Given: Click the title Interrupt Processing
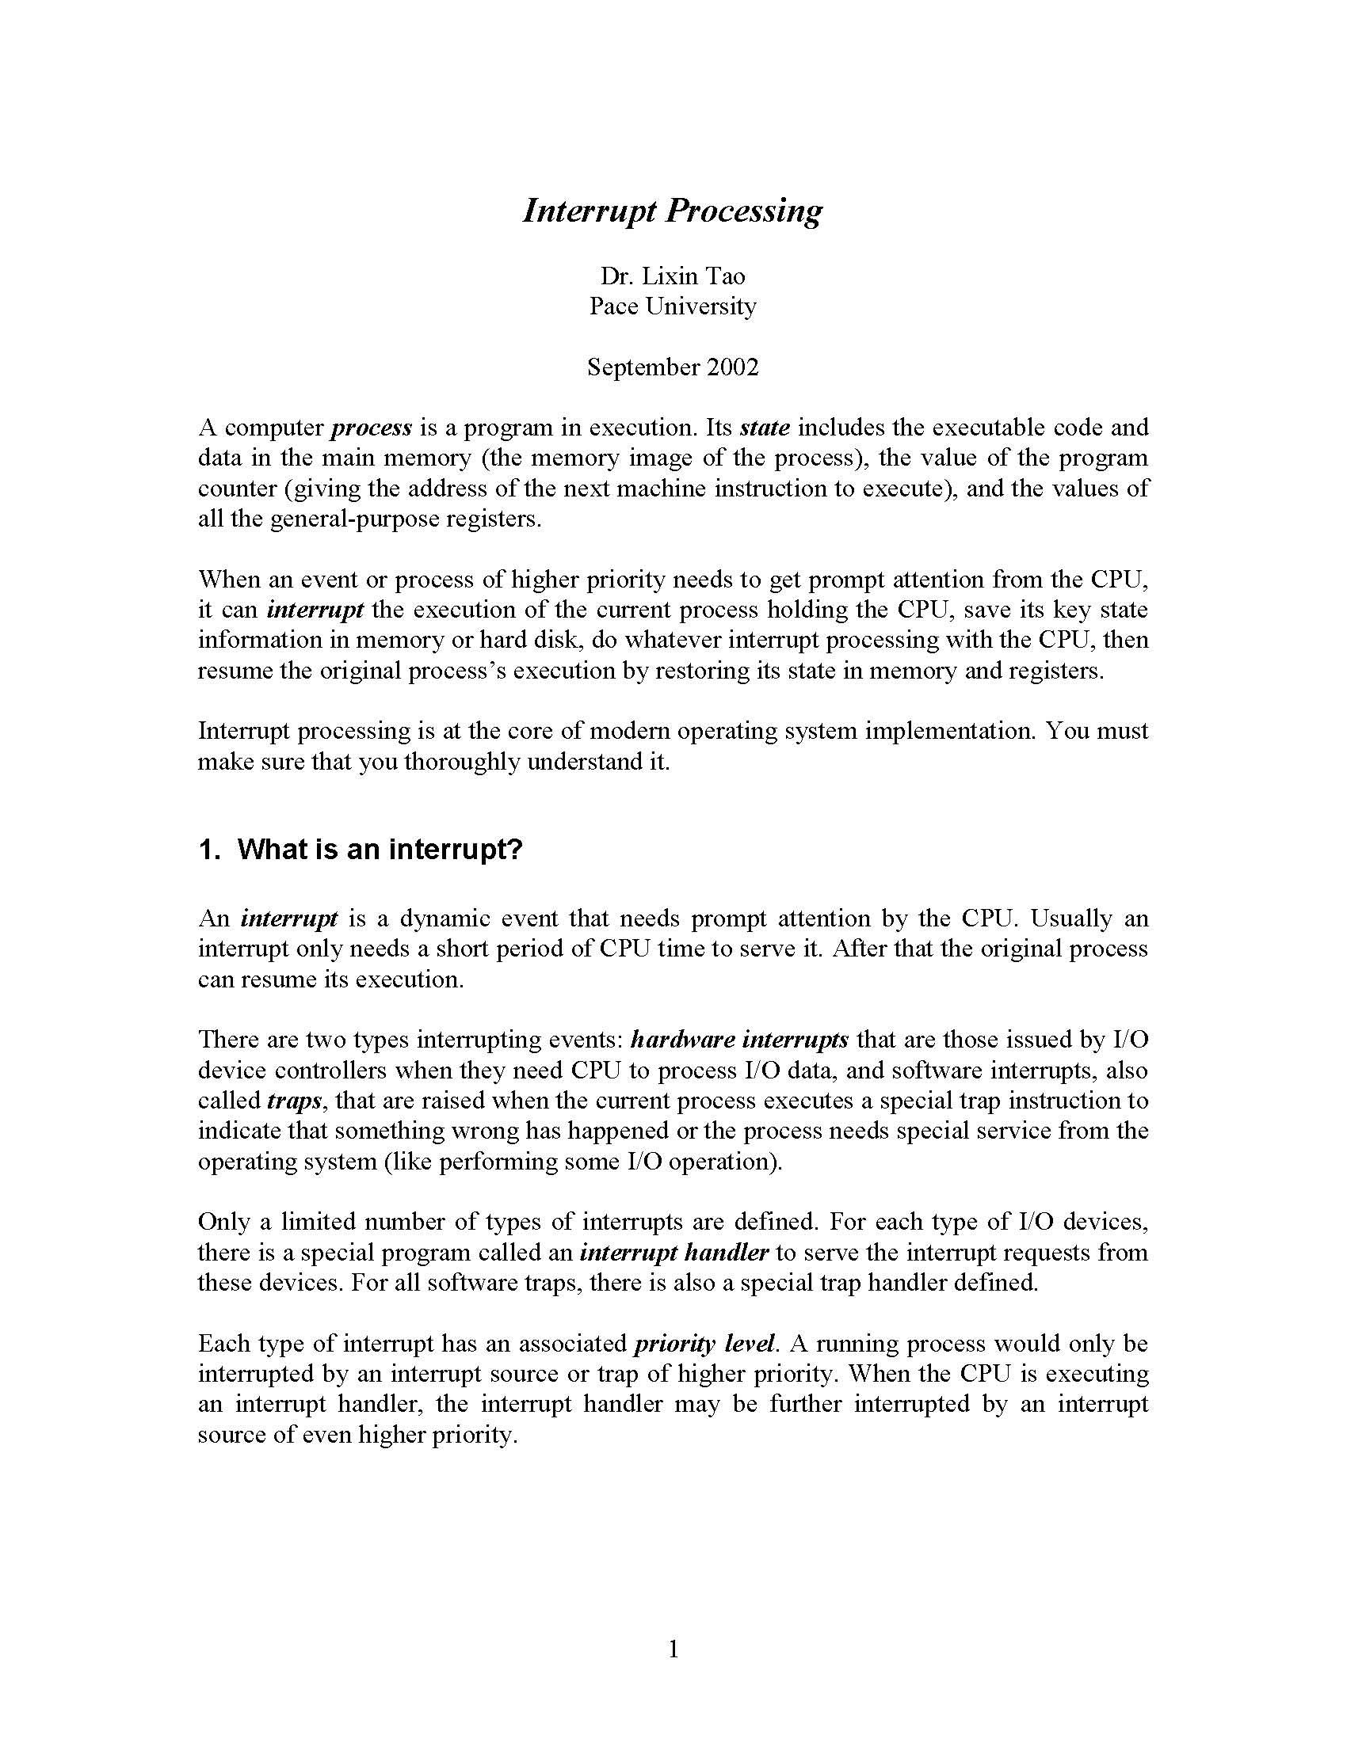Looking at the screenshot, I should [x=672, y=211].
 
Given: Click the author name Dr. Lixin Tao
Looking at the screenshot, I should [x=672, y=276].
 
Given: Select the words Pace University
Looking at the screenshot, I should [x=672, y=306].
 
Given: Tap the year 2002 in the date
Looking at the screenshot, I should [x=732, y=367].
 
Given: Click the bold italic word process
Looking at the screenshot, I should [x=371, y=428].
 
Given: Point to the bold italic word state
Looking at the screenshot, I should [x=765, y=428].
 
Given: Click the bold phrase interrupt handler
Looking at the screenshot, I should [x=673, y=1253].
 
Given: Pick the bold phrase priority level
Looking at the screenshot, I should [x=704, y=1343].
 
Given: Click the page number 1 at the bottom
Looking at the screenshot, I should [x=673, y=1649].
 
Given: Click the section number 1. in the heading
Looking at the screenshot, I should [x=208, y=850].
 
